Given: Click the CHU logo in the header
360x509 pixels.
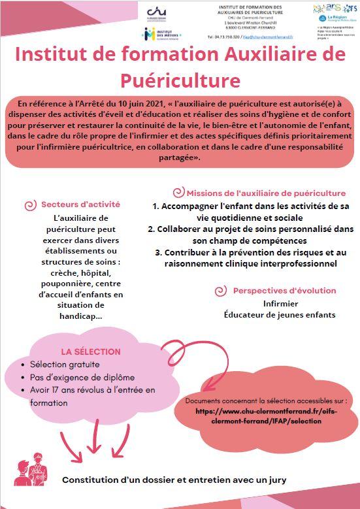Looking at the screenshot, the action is [155, 13].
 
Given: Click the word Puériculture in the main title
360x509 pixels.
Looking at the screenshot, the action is [180, 80].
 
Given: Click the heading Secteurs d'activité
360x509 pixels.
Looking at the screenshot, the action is [81, 205].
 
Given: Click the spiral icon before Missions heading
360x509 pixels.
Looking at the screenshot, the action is [178, 193].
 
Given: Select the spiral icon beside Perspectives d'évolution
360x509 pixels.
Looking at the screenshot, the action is [221, 290].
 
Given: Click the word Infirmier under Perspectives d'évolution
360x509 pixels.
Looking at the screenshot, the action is [280, 304].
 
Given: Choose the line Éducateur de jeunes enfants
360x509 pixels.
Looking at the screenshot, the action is [280, 315].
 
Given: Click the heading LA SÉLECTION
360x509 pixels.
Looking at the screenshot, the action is [82, 351].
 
